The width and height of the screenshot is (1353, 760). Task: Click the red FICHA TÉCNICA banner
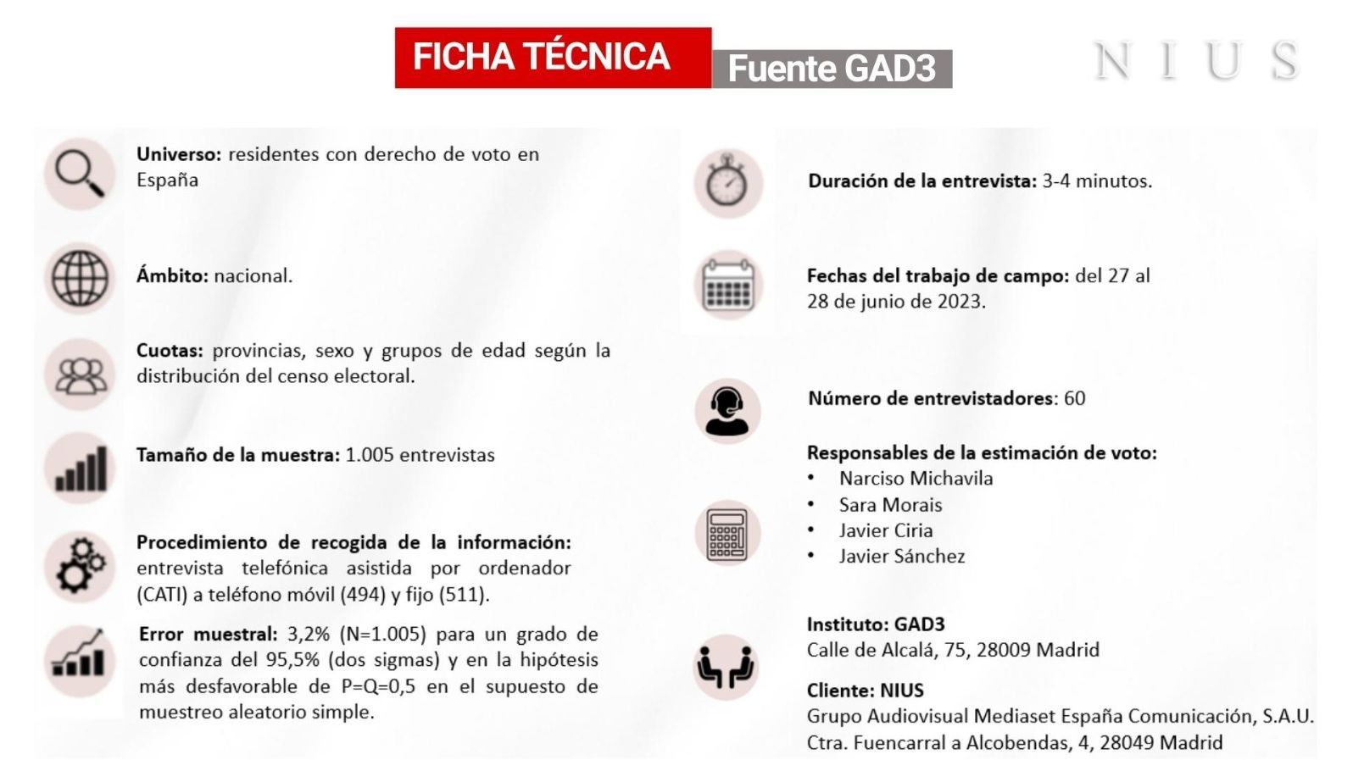pos(552,58)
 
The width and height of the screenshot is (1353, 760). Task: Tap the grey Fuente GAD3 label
pos(832,69)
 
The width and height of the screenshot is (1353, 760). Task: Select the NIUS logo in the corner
pos(1196,61)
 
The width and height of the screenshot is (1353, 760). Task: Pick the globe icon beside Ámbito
pos(80,278)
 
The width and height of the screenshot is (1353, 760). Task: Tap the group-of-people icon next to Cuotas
pos(81,375)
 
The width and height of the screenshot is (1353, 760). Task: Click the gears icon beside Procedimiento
pos(81,565)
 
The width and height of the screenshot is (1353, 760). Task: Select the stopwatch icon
pos(727,183)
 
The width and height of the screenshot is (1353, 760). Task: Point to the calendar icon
pos(727,286)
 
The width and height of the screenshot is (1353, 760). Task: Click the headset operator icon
pos(727,411)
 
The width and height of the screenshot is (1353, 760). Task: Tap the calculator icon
pos(727,534)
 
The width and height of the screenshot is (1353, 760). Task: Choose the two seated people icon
pos(726,668)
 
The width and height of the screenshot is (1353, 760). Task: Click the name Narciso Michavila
pos(916,479)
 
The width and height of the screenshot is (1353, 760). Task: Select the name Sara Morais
pos(890,505)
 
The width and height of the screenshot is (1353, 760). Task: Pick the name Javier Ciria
pos(886,531)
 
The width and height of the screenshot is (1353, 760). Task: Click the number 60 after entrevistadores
pos(1074,398)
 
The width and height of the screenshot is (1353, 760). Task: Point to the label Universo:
pos(179,154)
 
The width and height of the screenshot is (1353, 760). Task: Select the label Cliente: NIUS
pos(865,691)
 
